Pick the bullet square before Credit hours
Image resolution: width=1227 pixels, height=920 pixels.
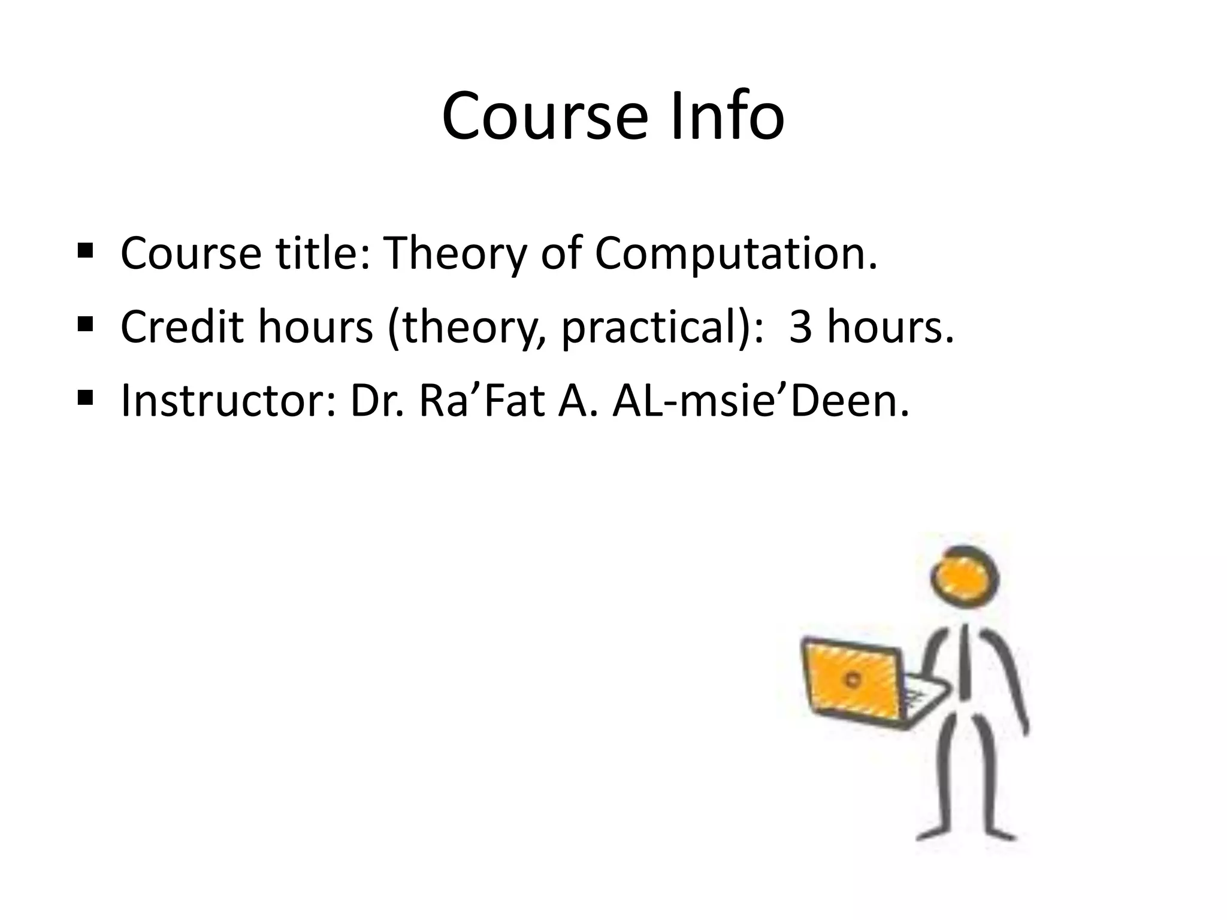click(86, 323)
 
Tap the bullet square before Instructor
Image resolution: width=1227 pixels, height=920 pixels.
click(86, 397)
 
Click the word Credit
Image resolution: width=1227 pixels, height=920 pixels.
click(183, 328)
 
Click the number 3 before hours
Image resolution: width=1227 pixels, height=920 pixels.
click(800, 328)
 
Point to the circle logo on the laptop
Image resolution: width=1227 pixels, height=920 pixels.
click(853, 679)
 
